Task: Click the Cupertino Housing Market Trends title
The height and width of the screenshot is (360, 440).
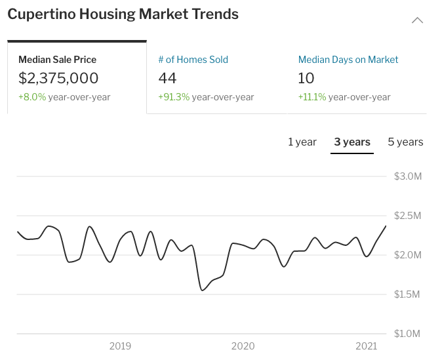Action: (x=123, y=14)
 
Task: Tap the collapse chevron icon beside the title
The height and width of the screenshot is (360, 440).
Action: (x=417, y=20)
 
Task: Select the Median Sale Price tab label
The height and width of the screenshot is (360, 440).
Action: (x=58, y=60)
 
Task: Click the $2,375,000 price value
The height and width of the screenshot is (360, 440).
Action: (x=58, y=79)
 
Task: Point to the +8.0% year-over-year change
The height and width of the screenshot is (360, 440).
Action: (x=64, y=97)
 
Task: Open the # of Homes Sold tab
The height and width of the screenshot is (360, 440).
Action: (x=193, y=60)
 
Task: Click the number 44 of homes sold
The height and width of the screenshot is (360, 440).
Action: (x=168, y=79)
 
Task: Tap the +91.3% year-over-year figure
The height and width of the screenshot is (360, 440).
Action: (x=206, y=97)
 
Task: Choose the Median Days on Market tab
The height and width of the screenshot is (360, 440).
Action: (x=348, y=60)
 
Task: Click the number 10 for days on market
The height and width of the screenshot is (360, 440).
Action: (x=306, y=79)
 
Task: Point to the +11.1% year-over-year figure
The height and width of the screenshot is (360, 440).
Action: (x=344, y=97)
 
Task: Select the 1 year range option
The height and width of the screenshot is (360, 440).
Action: (x=302, y=142)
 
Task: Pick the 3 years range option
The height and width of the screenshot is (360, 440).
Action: (x=352, y=142)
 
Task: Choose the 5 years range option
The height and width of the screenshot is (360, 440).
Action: (x=405, y=142)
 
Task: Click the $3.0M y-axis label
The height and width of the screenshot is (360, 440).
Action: (x=408, y=176)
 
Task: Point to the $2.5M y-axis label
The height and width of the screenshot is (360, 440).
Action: (x=408, y=216)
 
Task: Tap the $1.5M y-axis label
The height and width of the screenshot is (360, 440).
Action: (x=408, y=294)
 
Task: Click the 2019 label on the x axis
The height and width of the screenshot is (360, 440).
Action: (x=121, y=346)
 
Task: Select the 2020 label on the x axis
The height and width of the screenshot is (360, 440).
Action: (x=243, y=346)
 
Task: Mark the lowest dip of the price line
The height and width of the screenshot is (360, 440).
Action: (x=202, y=290)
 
